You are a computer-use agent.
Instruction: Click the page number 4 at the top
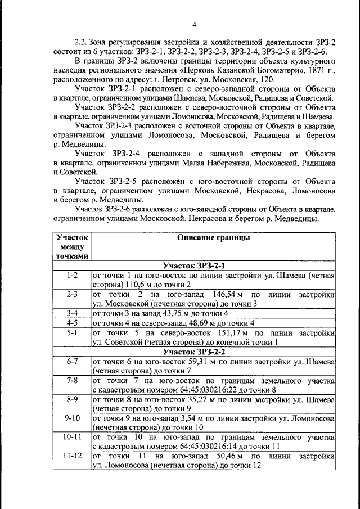point(193,24)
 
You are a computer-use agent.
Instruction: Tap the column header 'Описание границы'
point(213,238)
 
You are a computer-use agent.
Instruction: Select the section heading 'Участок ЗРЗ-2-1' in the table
point(213,265)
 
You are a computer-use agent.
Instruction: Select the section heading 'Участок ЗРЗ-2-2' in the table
point(213,352)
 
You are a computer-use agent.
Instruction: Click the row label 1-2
point(72,275)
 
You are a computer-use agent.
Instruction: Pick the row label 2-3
point(72,294)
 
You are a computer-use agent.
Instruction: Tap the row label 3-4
point(72,313)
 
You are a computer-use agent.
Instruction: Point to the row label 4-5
point(72,323)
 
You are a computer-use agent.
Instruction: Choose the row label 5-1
point(72,332)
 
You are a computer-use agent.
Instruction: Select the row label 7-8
point(72,380)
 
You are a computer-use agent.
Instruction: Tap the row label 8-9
point(72,399)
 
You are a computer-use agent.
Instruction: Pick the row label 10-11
point(72,436)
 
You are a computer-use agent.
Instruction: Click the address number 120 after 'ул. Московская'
point(265,80)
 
